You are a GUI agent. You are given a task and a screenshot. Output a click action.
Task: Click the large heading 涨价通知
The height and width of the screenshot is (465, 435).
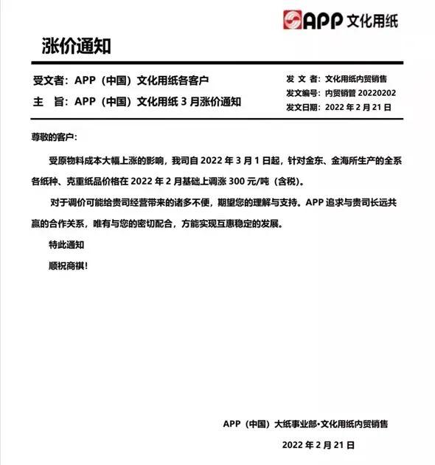pos(77,47)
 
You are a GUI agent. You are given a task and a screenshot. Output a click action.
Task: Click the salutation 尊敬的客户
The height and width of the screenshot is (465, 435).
pos(53,138)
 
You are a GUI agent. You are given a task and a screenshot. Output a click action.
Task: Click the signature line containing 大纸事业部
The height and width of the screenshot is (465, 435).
pos(305,424)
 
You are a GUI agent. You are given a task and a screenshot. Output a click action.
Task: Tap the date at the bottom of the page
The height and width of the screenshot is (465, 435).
pos(319,446)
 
